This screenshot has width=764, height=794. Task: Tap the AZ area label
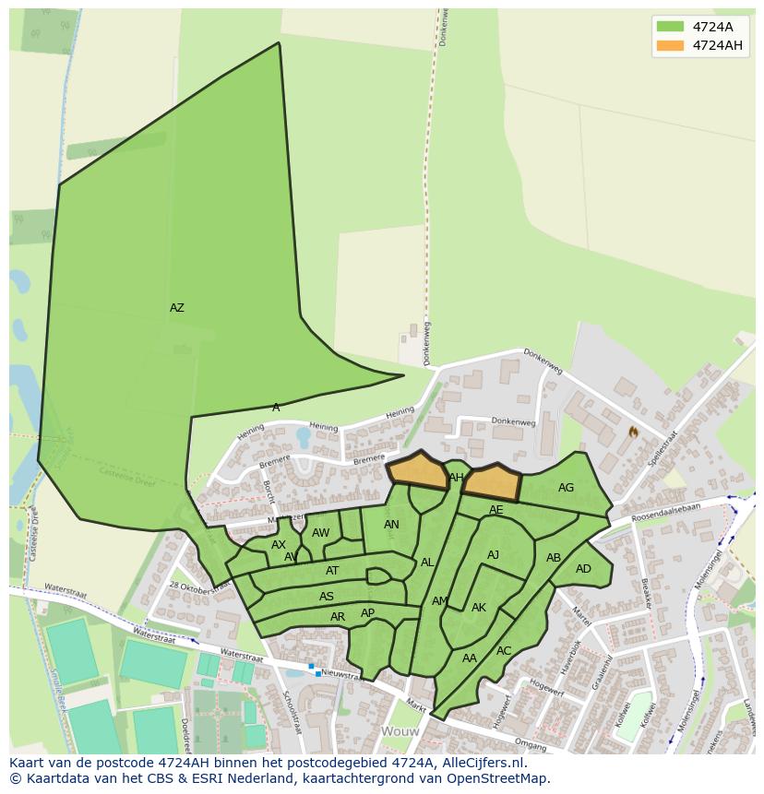(177, 308)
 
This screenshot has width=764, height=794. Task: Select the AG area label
(566, 488)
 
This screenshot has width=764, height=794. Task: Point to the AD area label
(583, 569)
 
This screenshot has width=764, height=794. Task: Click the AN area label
(391, 525)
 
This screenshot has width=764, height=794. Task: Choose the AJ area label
(493, 555)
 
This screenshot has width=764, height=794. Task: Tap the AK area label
(479, 608)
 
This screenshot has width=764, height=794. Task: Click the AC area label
(504, 651)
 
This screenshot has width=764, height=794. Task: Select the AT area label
(332, 571)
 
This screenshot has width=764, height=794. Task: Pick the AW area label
(320, 533)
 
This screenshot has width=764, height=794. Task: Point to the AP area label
(368, 613)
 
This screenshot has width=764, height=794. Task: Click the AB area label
(554, 558)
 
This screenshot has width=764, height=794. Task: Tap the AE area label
(496, 510)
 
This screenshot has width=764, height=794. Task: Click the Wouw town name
(400, 731)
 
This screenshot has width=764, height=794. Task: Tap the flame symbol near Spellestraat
(633, 432)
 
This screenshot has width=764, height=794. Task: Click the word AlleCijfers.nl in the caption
(480, 764)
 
